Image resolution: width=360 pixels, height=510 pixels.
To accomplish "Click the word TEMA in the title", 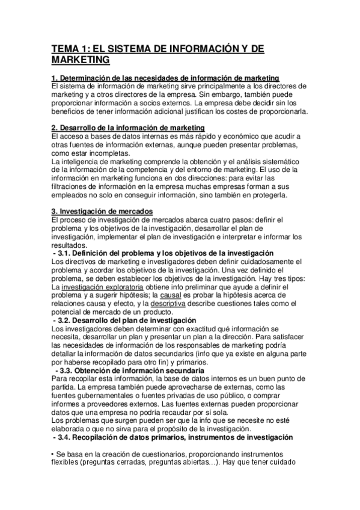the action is coord(65,49).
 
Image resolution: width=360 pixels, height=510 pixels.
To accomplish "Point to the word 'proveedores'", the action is coord(101,411).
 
